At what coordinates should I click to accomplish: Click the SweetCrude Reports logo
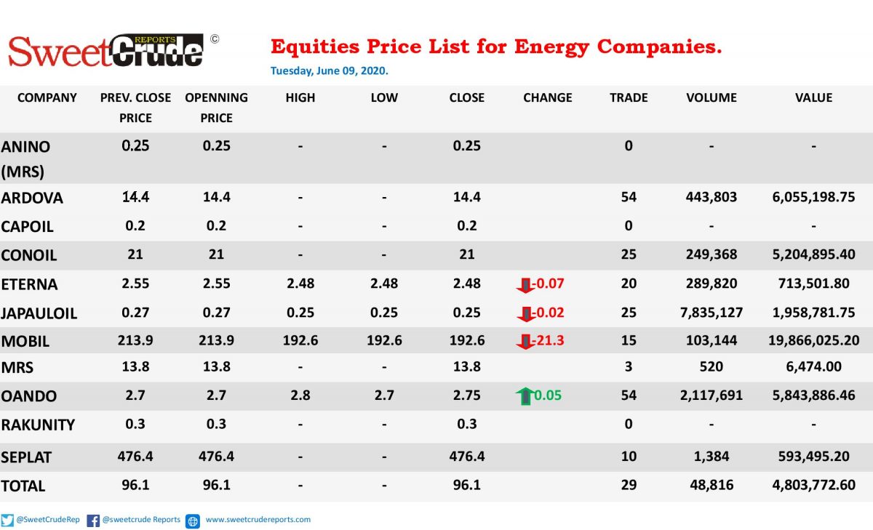tap(105, 51)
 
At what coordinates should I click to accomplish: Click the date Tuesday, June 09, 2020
tap(330, 71)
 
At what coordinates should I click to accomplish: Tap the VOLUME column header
tap(711, 97)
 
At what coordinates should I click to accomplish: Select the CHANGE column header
tap(548, 97)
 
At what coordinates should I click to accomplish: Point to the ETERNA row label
tap(29, 284)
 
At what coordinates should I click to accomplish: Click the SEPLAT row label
tap(26, 457)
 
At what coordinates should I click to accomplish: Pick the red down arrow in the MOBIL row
tap(525, 341)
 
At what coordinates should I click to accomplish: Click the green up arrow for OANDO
tap(525, 396)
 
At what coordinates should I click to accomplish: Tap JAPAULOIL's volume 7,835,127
tap(711, 313)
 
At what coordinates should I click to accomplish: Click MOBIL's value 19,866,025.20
tap(814, 341)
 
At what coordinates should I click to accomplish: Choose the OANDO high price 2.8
tap(300, 396)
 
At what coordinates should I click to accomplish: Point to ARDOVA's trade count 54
tap(629, 197)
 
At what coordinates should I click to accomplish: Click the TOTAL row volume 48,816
tap(711, 485)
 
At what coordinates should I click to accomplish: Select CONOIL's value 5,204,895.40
tap(814, 254)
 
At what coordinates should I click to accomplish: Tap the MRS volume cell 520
tap(711, 367)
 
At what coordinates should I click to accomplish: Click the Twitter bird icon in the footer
tap(7, 521)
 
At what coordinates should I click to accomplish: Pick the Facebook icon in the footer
tap(93, 521)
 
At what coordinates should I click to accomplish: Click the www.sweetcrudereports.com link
tap(258, 520)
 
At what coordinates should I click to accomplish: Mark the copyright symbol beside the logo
tap(215, 39)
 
